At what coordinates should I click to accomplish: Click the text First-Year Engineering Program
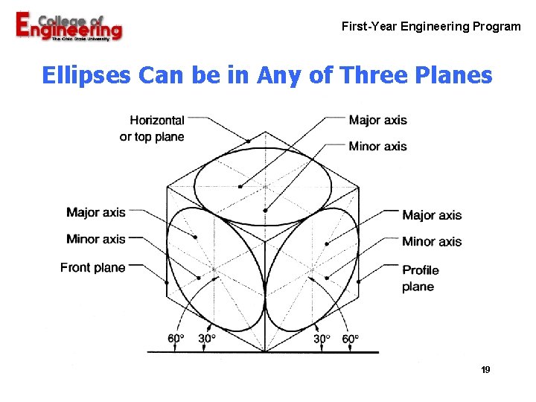(431, 27)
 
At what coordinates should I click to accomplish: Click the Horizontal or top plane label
(153, 128)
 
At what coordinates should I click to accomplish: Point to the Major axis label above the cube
(377, 121)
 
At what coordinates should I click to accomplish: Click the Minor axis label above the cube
(377, 147)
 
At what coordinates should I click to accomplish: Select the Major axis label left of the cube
(96, 213)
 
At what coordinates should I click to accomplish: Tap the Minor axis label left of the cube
(96, 239)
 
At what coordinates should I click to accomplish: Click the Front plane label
(93, 267)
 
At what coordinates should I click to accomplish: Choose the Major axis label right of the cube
(432, 215)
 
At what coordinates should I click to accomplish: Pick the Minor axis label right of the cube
(432, 241)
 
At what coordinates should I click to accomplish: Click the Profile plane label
(421, 278)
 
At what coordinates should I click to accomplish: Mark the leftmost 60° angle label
(176, 338)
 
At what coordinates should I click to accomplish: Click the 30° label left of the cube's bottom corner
(207, 338)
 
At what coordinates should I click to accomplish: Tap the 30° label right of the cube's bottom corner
(321, 338)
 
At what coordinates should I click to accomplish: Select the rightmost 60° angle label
(350, 338)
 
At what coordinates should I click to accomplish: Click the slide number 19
(485, 370)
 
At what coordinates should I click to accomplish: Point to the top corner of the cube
(265, 133)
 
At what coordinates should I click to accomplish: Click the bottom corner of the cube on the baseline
(265, 351)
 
